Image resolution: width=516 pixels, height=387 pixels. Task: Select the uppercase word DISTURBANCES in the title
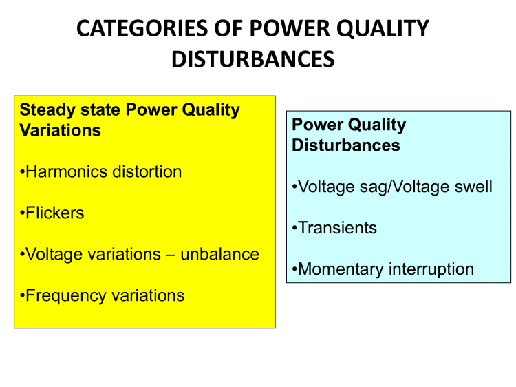pos(253,59)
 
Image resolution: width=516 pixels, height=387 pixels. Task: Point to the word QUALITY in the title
pos(385,29)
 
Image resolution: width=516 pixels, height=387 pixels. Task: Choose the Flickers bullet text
pos(54,213)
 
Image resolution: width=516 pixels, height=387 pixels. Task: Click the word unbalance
pos(220,254)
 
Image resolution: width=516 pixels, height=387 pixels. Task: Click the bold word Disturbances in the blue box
pos(346,145)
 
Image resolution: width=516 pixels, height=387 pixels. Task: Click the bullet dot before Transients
pos(294,229)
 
